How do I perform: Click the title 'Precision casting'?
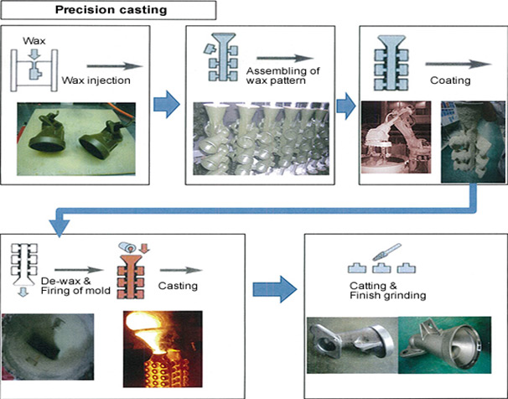[111, 9]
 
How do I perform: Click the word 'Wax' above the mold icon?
[34, 41]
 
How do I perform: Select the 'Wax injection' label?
[96, 80]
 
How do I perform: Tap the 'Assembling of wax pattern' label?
[283, 75]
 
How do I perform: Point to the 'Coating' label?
[450, 80]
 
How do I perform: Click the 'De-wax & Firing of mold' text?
[75, 286]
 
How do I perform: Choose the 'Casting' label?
[178, 286]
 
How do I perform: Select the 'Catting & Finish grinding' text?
[388, 291]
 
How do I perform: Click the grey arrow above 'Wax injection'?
[115, 66]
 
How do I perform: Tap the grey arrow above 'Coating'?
[459, 64]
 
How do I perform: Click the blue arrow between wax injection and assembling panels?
[167, 104]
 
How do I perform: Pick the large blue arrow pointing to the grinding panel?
[275, 289]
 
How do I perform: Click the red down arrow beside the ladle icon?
[144, 248]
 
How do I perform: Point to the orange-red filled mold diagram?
[131, 277]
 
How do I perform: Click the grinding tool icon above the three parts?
[386, 252]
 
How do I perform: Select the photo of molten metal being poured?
[163, 349]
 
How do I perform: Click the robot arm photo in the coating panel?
[396, 137]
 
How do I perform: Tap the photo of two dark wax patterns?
[76, 139]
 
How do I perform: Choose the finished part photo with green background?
[444, 345]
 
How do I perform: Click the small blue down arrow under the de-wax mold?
[23, 292]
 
